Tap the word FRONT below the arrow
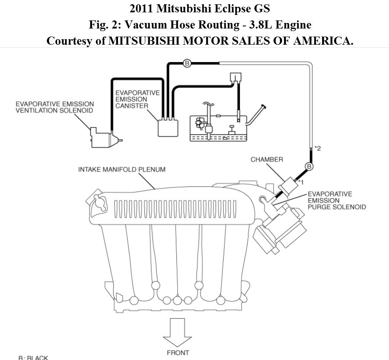click(x=178, y=352)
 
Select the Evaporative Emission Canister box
click(x=168, y=127)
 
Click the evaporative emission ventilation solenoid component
click(x=104, y=136)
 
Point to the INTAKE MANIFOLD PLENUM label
click(x=121, y=169)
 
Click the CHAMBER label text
click(x=266, y=160)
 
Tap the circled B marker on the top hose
click(x=187, y=63)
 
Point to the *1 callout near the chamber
click(x=300, y=183)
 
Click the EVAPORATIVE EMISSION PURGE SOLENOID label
click(x=337, y=200)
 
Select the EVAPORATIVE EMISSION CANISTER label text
click(x=137, y=99)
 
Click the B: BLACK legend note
click(x=33, y=357)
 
